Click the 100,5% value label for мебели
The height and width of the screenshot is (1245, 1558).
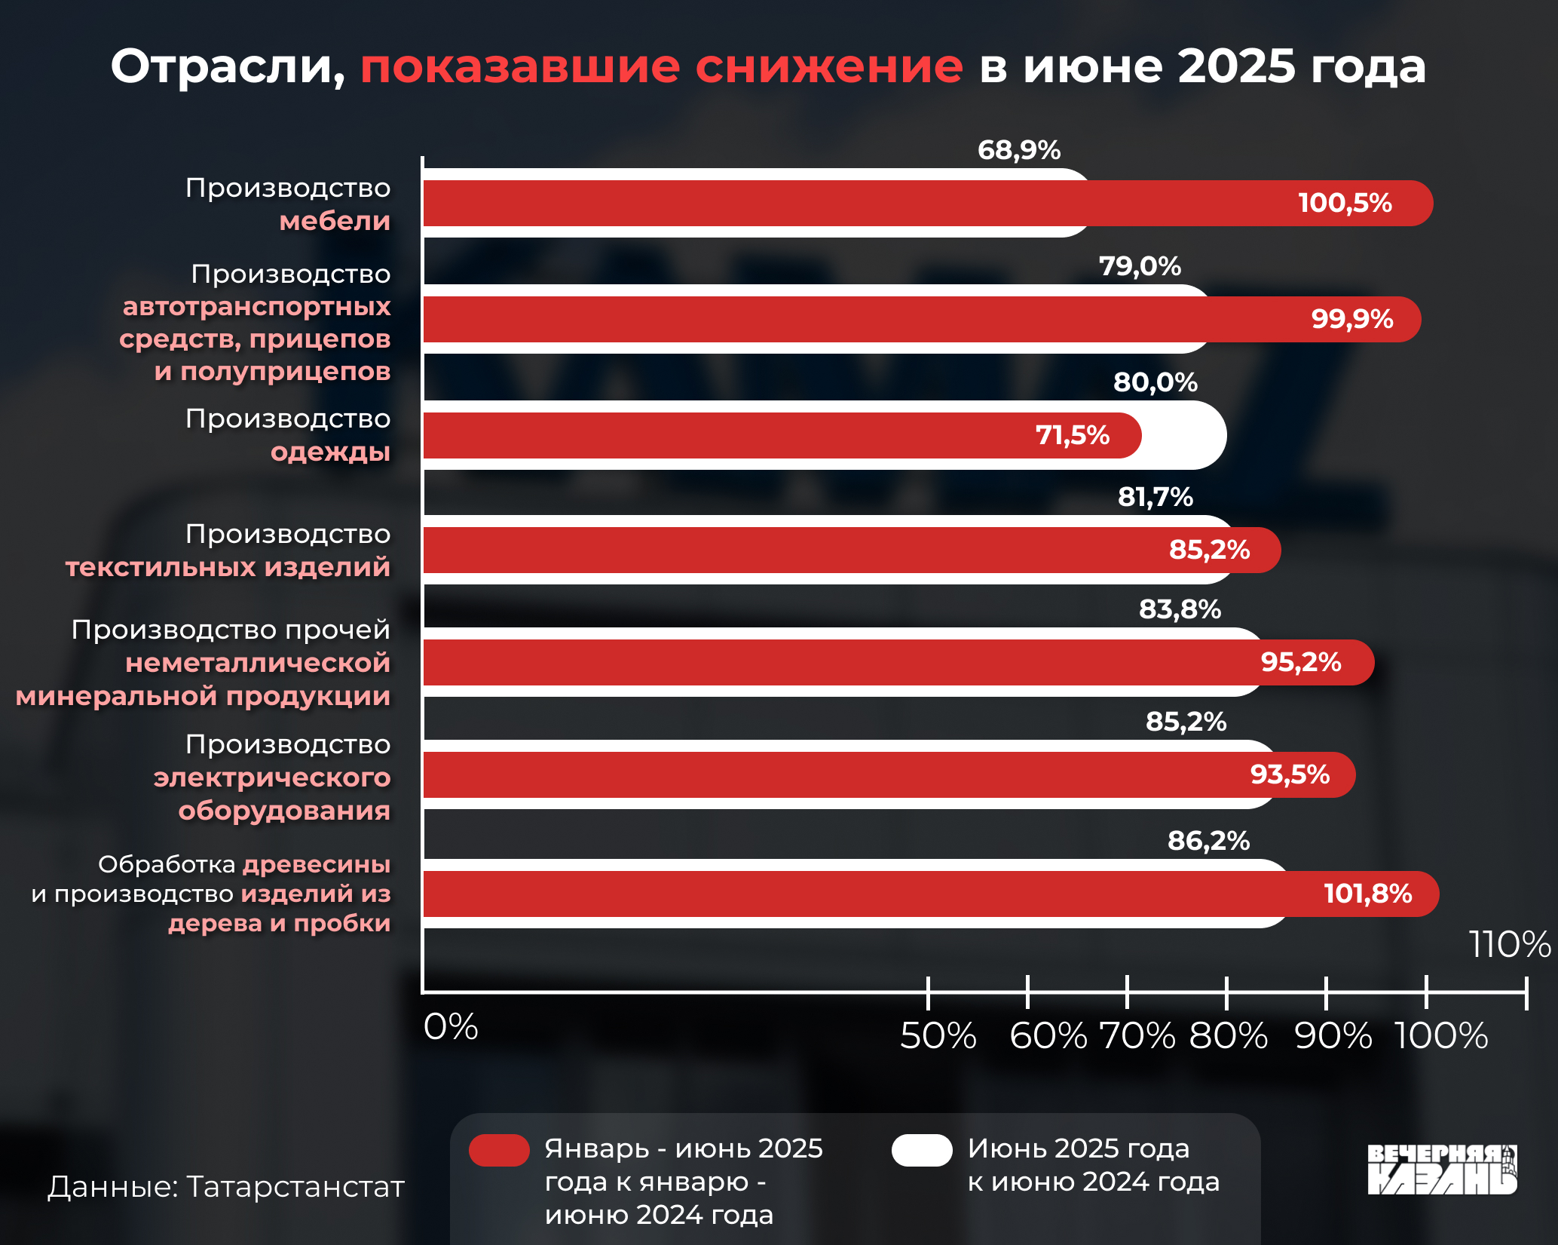pyautogui.click(x=1345, y=203)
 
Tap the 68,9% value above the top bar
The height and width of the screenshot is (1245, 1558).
pyautogui.click(x=1018, y=150)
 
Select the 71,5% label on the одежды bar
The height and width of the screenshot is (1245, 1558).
pyautogui.click(x=1072, y=435)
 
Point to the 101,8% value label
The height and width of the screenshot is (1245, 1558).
pyautogui.click(x=1367, y=894)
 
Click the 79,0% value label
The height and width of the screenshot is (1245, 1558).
pyautogui.click(x=1139, y=266)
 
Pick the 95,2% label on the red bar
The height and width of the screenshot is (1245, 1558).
pyautogui.click(x=1300, y=662)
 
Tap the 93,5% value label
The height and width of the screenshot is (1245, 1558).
pyautogui.click(x=1290, y=774)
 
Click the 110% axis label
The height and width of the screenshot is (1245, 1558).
pyautogui.click(x=1510, y=944)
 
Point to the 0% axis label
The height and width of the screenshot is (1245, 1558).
pyautogui.click(x=451, y=1026)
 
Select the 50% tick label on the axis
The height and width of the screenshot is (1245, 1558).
pyautogui.click(x=938, y=1035)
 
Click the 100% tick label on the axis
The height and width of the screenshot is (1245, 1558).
pyautogui.click(x=1440, y=1035)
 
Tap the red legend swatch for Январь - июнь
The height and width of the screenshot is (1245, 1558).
pyautogui.click(x=499, y=1150)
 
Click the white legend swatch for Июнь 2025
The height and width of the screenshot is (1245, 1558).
pyautogui.click(x=922, y=1150)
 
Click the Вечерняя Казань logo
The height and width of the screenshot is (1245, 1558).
pyautogui.click(x=1442, y=1170)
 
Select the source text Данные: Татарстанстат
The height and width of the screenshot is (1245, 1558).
pyautogui.click(x=226, y=1186)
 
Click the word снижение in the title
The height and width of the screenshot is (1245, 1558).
pyautogui.click(x=828, y=66)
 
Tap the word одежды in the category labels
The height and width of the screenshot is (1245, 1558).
pyautogui.click(x=330, y=452)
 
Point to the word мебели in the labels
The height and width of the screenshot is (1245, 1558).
pyautogui.click(x=335, y=221)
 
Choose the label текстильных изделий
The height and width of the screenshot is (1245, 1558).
pyautogui.click(x=228, y=566)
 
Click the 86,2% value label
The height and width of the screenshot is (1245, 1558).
pyautogui.click(x=1208, y=841)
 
